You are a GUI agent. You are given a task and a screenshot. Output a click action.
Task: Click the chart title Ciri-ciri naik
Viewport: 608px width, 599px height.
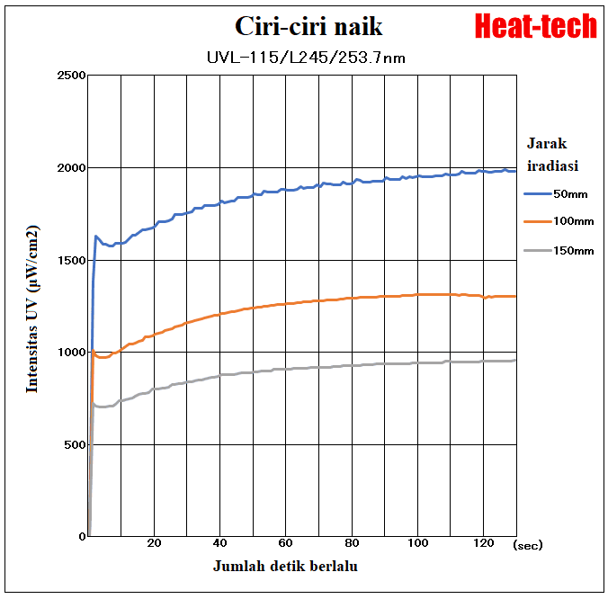coord(308,26)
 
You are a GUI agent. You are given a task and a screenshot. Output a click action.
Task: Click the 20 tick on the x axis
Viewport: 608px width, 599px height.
coord(154,543)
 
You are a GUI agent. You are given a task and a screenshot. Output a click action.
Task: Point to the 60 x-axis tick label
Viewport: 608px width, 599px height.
coord(285,543)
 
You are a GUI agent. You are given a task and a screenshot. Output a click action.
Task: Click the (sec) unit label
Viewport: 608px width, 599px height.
coord(528,544)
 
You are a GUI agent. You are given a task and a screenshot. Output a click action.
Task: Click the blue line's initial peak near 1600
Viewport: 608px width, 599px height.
coord(96,237)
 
